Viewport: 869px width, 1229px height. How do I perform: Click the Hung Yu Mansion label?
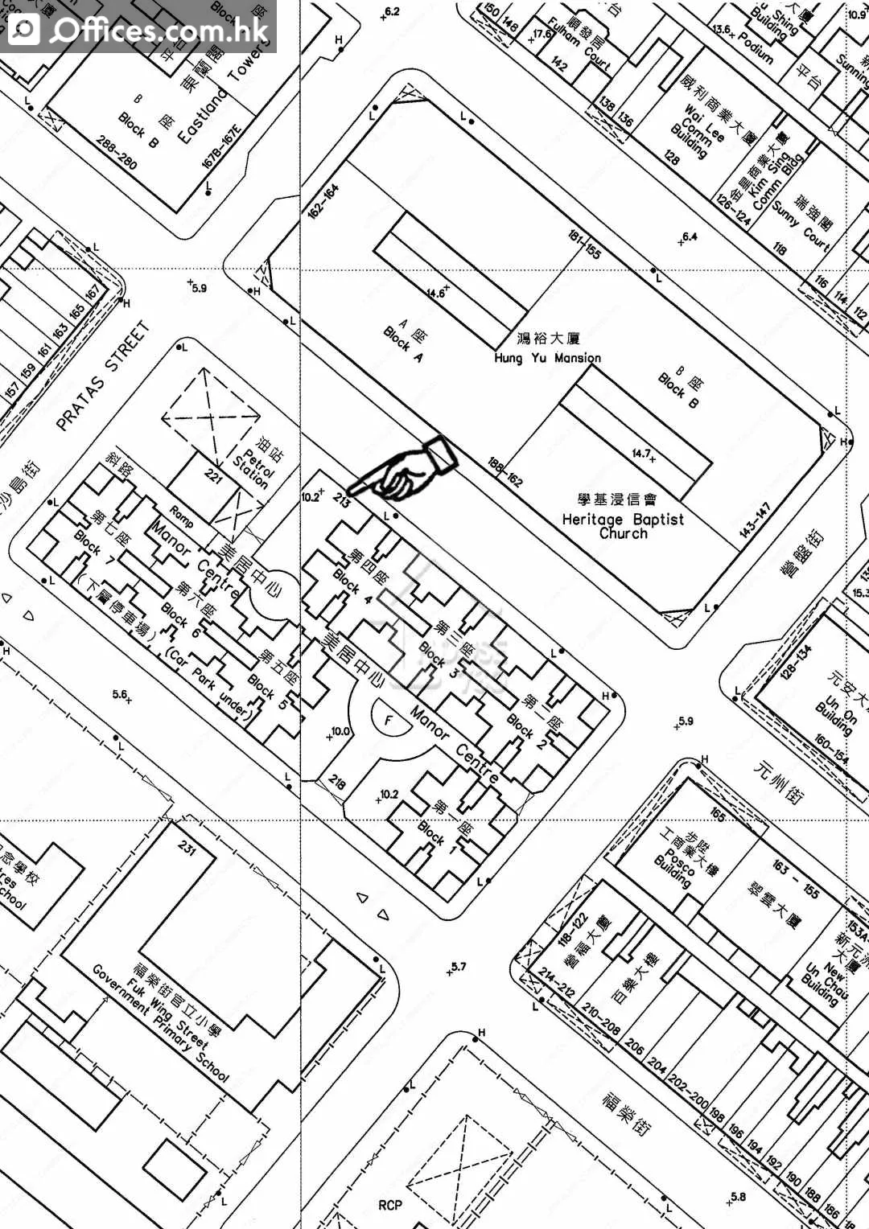click(547, 357)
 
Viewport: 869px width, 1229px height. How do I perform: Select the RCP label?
click(390, 1205)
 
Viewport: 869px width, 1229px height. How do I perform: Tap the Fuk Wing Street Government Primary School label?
click(161, 1021)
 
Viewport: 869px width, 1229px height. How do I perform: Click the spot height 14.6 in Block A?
click(437, 293)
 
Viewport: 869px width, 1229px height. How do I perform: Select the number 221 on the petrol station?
click(213, 476)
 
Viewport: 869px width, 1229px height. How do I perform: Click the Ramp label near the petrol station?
click(181, 516)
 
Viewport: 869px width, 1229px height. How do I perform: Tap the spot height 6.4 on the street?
click(688, 237)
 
